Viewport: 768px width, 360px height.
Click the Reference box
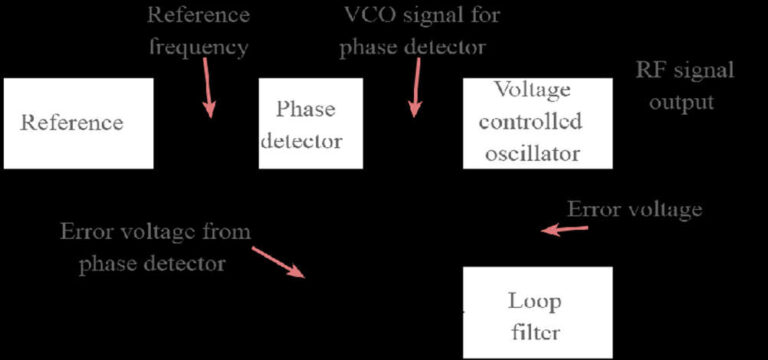(78, 123)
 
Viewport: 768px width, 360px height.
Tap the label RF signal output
(684, 86)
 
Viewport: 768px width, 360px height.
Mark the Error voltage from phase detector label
(155, 247)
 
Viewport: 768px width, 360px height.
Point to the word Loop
(535, 301)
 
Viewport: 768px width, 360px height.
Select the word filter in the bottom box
(535, 332)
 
